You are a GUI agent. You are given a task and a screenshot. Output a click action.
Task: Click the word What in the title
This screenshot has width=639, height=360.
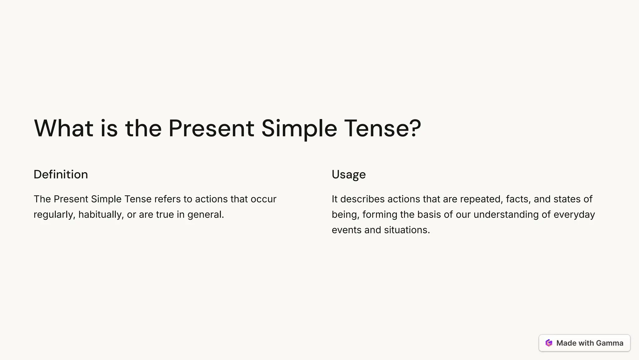coord(63,128)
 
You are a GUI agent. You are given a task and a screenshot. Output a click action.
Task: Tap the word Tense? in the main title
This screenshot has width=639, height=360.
coord(383,128)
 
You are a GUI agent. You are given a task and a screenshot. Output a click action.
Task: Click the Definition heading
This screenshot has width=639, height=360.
coord(61,174)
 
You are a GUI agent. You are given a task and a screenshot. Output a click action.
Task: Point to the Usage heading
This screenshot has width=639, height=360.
coord(349,175)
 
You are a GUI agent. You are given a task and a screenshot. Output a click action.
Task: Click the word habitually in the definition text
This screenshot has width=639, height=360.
coord(101,215)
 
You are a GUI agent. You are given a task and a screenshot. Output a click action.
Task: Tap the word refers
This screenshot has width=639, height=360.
coord(167,199)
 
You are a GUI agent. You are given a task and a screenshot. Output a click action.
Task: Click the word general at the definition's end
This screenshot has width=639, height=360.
coord(205,215)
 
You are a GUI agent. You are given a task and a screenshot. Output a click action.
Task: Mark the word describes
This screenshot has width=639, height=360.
coord(362,199)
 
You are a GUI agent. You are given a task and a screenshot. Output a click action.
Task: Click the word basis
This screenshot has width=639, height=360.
coord(429,215)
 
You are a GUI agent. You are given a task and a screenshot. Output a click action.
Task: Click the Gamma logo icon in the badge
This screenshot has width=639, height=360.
coord(549,343)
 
